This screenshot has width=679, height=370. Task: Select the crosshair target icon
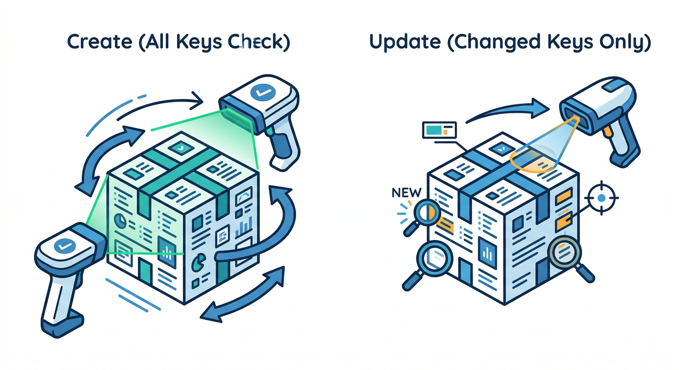(601, 198)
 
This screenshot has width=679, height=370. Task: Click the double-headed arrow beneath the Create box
(242, 296)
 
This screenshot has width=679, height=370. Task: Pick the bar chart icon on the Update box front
(488, 253)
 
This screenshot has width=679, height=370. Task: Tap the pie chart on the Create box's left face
(120, 220)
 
